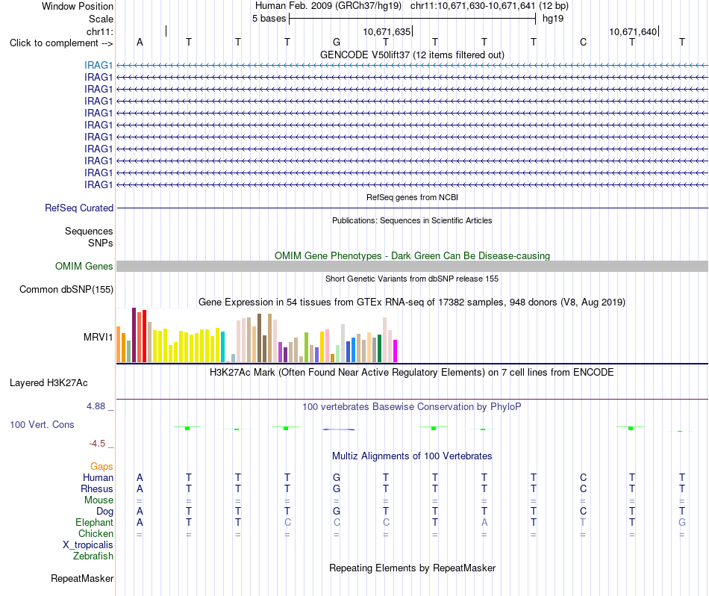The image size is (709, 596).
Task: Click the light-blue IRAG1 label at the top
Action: [98, 65]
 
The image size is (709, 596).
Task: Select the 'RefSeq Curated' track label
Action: [79, 208]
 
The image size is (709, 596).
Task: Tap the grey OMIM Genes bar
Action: [412, 266]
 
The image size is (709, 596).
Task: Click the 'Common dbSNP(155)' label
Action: [66, 289]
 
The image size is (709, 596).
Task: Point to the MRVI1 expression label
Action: [98, 337]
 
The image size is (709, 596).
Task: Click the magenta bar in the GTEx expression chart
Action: [396, 351]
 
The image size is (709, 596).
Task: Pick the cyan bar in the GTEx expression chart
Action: [222, 347]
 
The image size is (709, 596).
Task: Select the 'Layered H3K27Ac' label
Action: [49, 383]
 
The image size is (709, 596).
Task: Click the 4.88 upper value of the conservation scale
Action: [96, 406]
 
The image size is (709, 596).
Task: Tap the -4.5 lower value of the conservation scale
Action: [97, 444]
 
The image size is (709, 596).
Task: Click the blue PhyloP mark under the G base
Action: [339, 429]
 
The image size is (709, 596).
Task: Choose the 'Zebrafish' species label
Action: [93, 556]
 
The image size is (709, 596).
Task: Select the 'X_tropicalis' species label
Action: [88, 545]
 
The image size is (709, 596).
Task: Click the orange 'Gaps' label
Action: [101, 466]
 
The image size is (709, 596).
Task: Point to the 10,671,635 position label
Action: [387, 31]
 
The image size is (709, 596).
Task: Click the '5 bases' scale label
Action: [269, 19]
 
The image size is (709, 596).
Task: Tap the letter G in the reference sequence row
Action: [337, 42]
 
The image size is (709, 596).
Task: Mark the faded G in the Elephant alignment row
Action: [682, 522]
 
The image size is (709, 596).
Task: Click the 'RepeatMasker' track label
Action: [82, 578]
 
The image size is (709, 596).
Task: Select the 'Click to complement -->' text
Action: [61, 43]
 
